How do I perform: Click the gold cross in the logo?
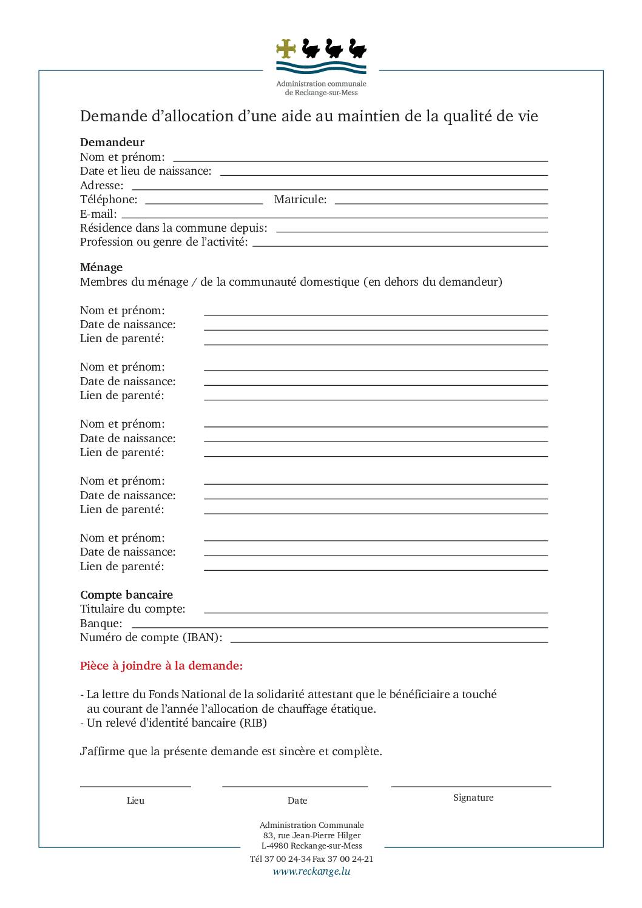286,49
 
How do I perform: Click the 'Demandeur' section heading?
112,143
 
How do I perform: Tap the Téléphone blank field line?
204,203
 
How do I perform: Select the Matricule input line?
441,203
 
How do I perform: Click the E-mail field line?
334,217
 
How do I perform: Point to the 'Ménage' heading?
101,267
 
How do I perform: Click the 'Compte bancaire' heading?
126,595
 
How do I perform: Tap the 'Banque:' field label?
101,624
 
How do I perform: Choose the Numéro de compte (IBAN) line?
389,641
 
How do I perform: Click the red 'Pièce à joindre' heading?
161,666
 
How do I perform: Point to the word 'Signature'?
473,798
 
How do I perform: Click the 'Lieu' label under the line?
135,801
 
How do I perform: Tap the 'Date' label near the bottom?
297,801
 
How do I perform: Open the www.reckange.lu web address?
311,872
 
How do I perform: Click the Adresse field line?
340,189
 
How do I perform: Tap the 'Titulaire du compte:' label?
133,609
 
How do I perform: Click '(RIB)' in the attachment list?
253,723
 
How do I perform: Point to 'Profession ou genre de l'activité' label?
164,242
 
